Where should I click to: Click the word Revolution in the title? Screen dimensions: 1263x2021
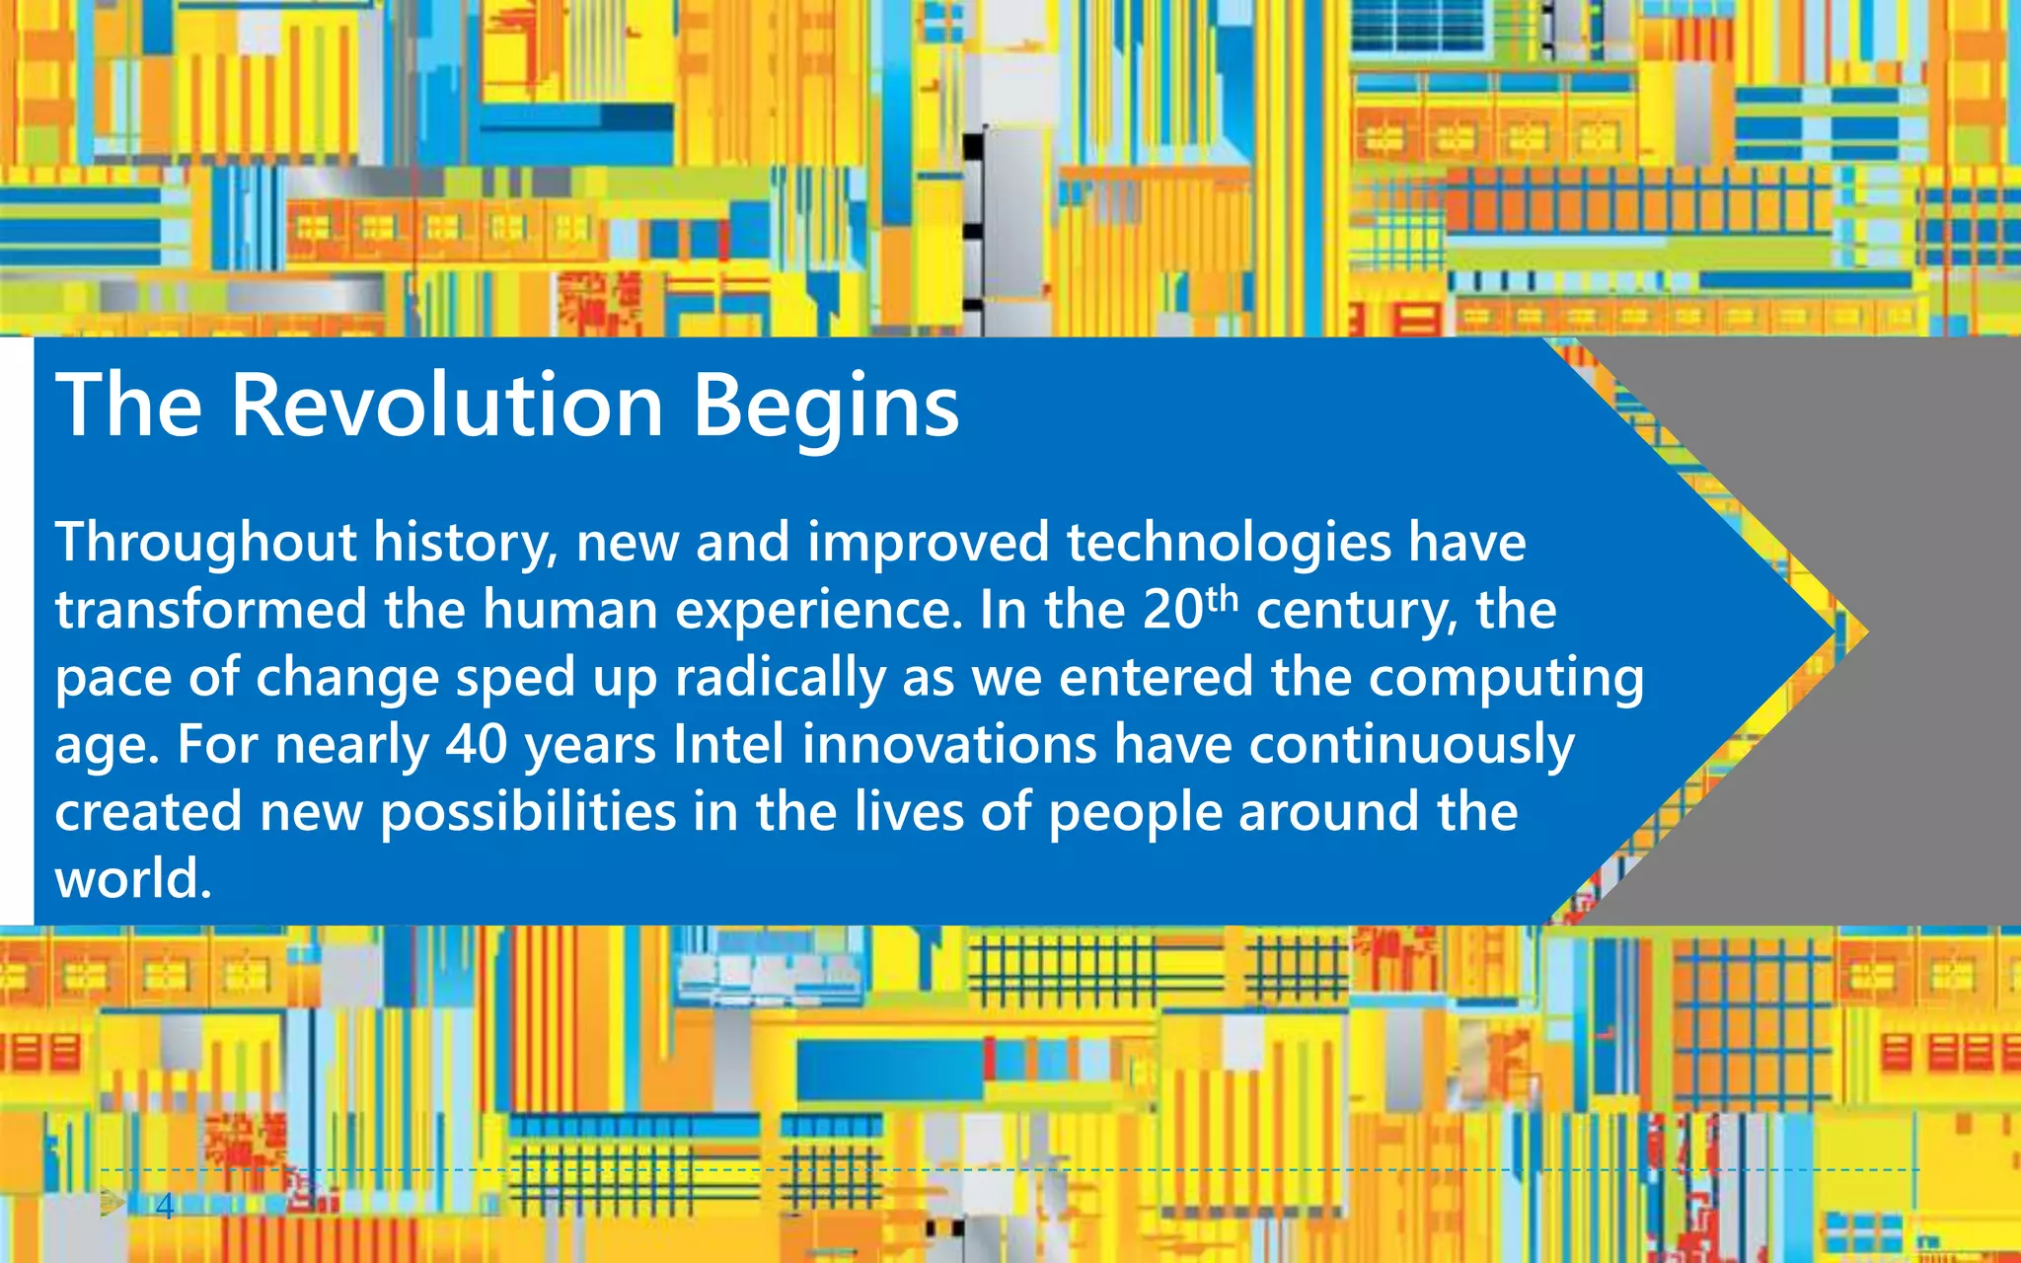click(x=446, y=406)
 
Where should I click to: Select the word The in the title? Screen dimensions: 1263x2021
click(x=128, y=406)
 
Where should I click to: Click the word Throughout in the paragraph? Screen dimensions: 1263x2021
click(x=205, y=544)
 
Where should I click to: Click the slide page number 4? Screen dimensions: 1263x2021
click(x=165, y=1206)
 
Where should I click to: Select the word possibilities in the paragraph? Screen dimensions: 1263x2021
click(x=528, y=813)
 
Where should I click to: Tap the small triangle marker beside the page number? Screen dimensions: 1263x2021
click(x=112, y=1202)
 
